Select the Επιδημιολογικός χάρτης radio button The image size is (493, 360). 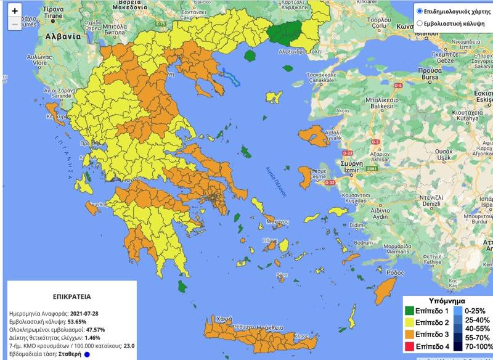(420, 11)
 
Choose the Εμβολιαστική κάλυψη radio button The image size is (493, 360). (420, 23)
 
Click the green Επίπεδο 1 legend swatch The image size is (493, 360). (411, 310)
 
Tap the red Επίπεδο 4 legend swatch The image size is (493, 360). (411, 346)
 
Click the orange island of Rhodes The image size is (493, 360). (387, 287)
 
